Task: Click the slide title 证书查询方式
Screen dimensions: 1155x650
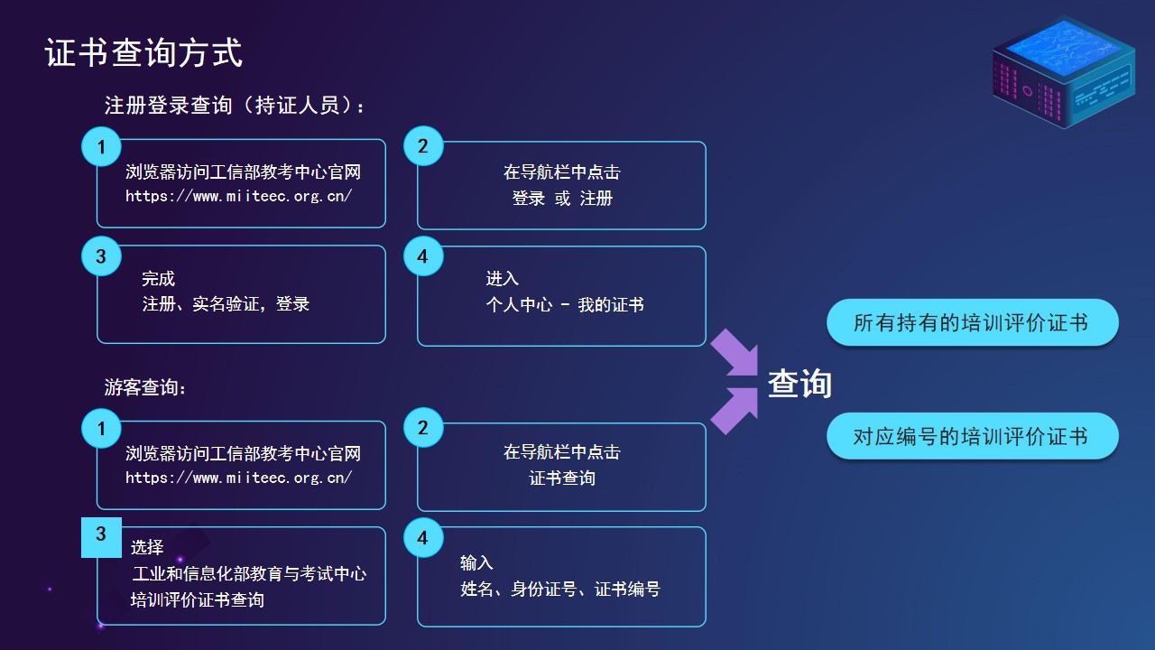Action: (x=143, y=52)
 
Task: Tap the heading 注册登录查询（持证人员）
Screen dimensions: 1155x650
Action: (x=234, y=106)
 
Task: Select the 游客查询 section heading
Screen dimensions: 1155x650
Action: (x=145, y=387)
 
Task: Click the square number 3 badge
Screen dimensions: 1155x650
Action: (x=102, y=537)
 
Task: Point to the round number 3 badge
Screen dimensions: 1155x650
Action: (x=102, y=255)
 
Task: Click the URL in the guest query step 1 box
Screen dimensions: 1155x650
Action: (x=239, y=478)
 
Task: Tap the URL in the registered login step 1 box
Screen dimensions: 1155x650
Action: (x=239, y=196)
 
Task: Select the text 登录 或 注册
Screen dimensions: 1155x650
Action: (x=562, y=198)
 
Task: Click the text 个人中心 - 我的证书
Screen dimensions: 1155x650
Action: (x=565, y=304)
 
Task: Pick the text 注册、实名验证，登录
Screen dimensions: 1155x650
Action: (x=226, y=303)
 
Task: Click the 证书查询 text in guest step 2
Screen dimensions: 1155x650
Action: (x=562, y=478)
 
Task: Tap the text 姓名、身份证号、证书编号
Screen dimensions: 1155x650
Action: (x=560, y=589)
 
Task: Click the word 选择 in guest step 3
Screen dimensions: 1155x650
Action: (x=147, y=547)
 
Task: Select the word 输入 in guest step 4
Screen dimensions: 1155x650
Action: (x=476, y=562)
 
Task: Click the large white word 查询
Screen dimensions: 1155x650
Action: (x=799, y=384)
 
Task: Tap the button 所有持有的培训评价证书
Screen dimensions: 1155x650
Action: (x=973, y=322)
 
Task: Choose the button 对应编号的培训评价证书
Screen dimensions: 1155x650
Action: (x=973, y=436)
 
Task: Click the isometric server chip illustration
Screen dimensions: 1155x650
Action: (x=1064, y=72)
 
